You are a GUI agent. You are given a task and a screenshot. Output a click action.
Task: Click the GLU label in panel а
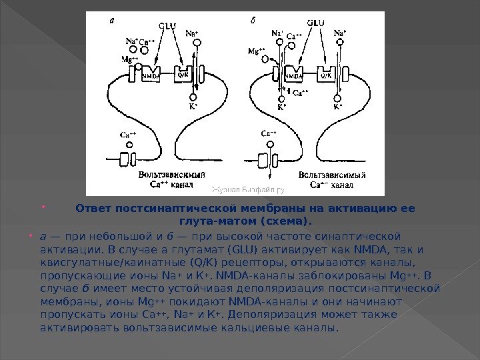coord(168,25)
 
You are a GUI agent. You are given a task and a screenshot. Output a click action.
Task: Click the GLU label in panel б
coord(316,22)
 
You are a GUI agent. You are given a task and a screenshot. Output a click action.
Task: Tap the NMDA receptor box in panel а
coord(149,75)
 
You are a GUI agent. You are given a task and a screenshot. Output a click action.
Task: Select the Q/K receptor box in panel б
coord(326,75)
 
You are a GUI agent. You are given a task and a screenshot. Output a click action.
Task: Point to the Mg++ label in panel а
coord(129,59)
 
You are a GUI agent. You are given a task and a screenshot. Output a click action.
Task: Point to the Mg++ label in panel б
coord(255,50)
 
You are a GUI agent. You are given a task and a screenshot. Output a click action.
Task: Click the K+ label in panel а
coord(193,105)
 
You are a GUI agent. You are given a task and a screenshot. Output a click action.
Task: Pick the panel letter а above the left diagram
coord(111,20)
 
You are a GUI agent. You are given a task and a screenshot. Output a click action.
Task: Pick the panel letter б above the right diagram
coord(254,20)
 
